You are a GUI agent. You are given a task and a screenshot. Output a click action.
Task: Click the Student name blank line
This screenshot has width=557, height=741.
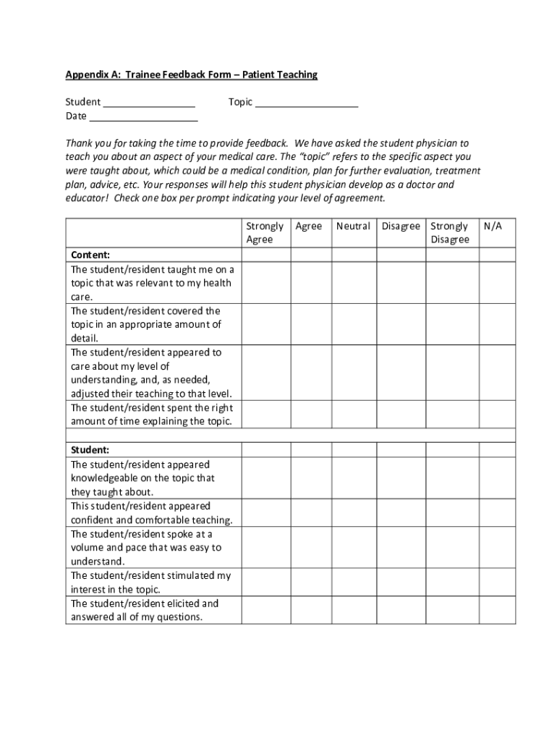149,104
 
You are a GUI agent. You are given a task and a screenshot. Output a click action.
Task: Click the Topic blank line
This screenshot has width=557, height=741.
307,104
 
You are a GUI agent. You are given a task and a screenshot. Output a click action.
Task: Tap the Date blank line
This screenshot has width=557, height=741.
143,118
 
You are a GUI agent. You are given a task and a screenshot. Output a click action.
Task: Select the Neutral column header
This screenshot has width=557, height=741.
353,226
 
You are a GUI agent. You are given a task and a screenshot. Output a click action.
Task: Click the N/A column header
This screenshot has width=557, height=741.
493,226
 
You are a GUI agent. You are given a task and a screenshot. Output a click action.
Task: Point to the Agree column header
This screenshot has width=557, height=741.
309,226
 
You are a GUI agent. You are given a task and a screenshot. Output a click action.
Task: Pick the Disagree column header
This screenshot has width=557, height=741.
401,226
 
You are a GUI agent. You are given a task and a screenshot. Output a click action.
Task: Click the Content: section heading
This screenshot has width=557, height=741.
90,255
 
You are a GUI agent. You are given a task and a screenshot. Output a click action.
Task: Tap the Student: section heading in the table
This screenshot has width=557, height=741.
90,450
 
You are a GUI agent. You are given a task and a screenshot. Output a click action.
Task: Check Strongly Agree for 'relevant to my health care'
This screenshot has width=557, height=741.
266,283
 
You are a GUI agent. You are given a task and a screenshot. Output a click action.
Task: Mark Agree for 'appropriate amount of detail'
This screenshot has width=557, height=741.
311,325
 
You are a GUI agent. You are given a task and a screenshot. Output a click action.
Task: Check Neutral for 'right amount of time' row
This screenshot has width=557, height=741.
354,414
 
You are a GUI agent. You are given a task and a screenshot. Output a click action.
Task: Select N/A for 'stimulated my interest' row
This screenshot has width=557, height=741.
497,583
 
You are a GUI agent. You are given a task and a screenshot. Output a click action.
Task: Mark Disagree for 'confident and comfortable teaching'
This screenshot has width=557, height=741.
401,513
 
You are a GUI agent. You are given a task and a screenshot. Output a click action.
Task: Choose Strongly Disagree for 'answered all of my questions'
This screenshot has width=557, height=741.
452,610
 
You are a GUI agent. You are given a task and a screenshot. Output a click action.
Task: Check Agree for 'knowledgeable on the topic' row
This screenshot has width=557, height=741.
311,478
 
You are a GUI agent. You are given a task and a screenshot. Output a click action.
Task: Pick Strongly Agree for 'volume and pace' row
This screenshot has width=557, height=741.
266,548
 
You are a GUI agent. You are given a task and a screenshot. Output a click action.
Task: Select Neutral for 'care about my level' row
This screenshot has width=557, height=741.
354,373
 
